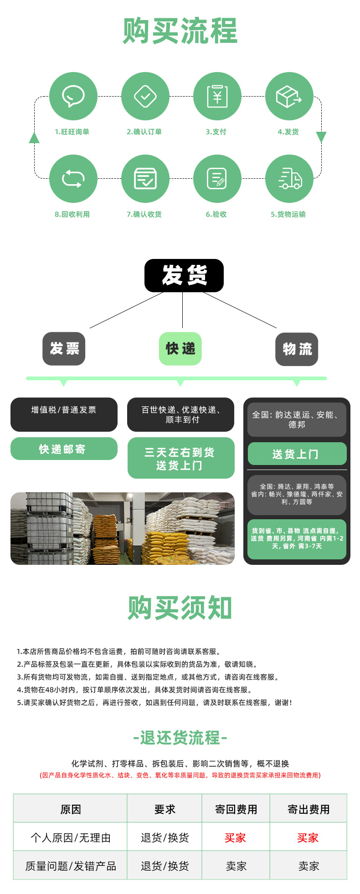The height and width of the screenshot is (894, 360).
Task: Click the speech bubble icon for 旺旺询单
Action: pos(73,96)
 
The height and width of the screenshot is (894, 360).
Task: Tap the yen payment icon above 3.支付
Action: pos(217,96)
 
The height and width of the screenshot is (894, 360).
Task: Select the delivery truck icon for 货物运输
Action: pos(289,178)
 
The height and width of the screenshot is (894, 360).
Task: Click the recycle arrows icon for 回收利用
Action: pos(73,178)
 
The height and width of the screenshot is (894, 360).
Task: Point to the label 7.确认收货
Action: pos(144,214)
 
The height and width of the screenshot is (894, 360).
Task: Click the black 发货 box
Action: pos(184,275)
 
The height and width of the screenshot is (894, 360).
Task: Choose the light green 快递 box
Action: pos(180,349)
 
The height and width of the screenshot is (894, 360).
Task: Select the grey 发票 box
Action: pos(64,349)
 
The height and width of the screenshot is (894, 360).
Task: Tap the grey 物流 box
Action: pos(297,349)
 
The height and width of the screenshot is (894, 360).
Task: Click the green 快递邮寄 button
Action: pos(64,449)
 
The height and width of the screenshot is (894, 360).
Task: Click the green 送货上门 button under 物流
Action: pos(297,454)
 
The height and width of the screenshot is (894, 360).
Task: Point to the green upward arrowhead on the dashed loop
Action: pos(34,137)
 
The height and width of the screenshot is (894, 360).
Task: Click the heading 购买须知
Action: pos(180,608)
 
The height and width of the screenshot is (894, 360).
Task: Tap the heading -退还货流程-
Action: pos(180,738)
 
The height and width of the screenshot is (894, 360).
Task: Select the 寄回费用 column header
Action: pos(236,809)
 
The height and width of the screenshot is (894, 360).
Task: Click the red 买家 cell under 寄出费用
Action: pos(308,838)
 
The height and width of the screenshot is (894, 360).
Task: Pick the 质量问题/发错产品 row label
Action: pos(71,866)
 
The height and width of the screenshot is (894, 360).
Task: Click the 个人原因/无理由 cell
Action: pos(71,838)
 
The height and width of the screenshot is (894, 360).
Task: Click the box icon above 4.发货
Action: pos(289,96)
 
